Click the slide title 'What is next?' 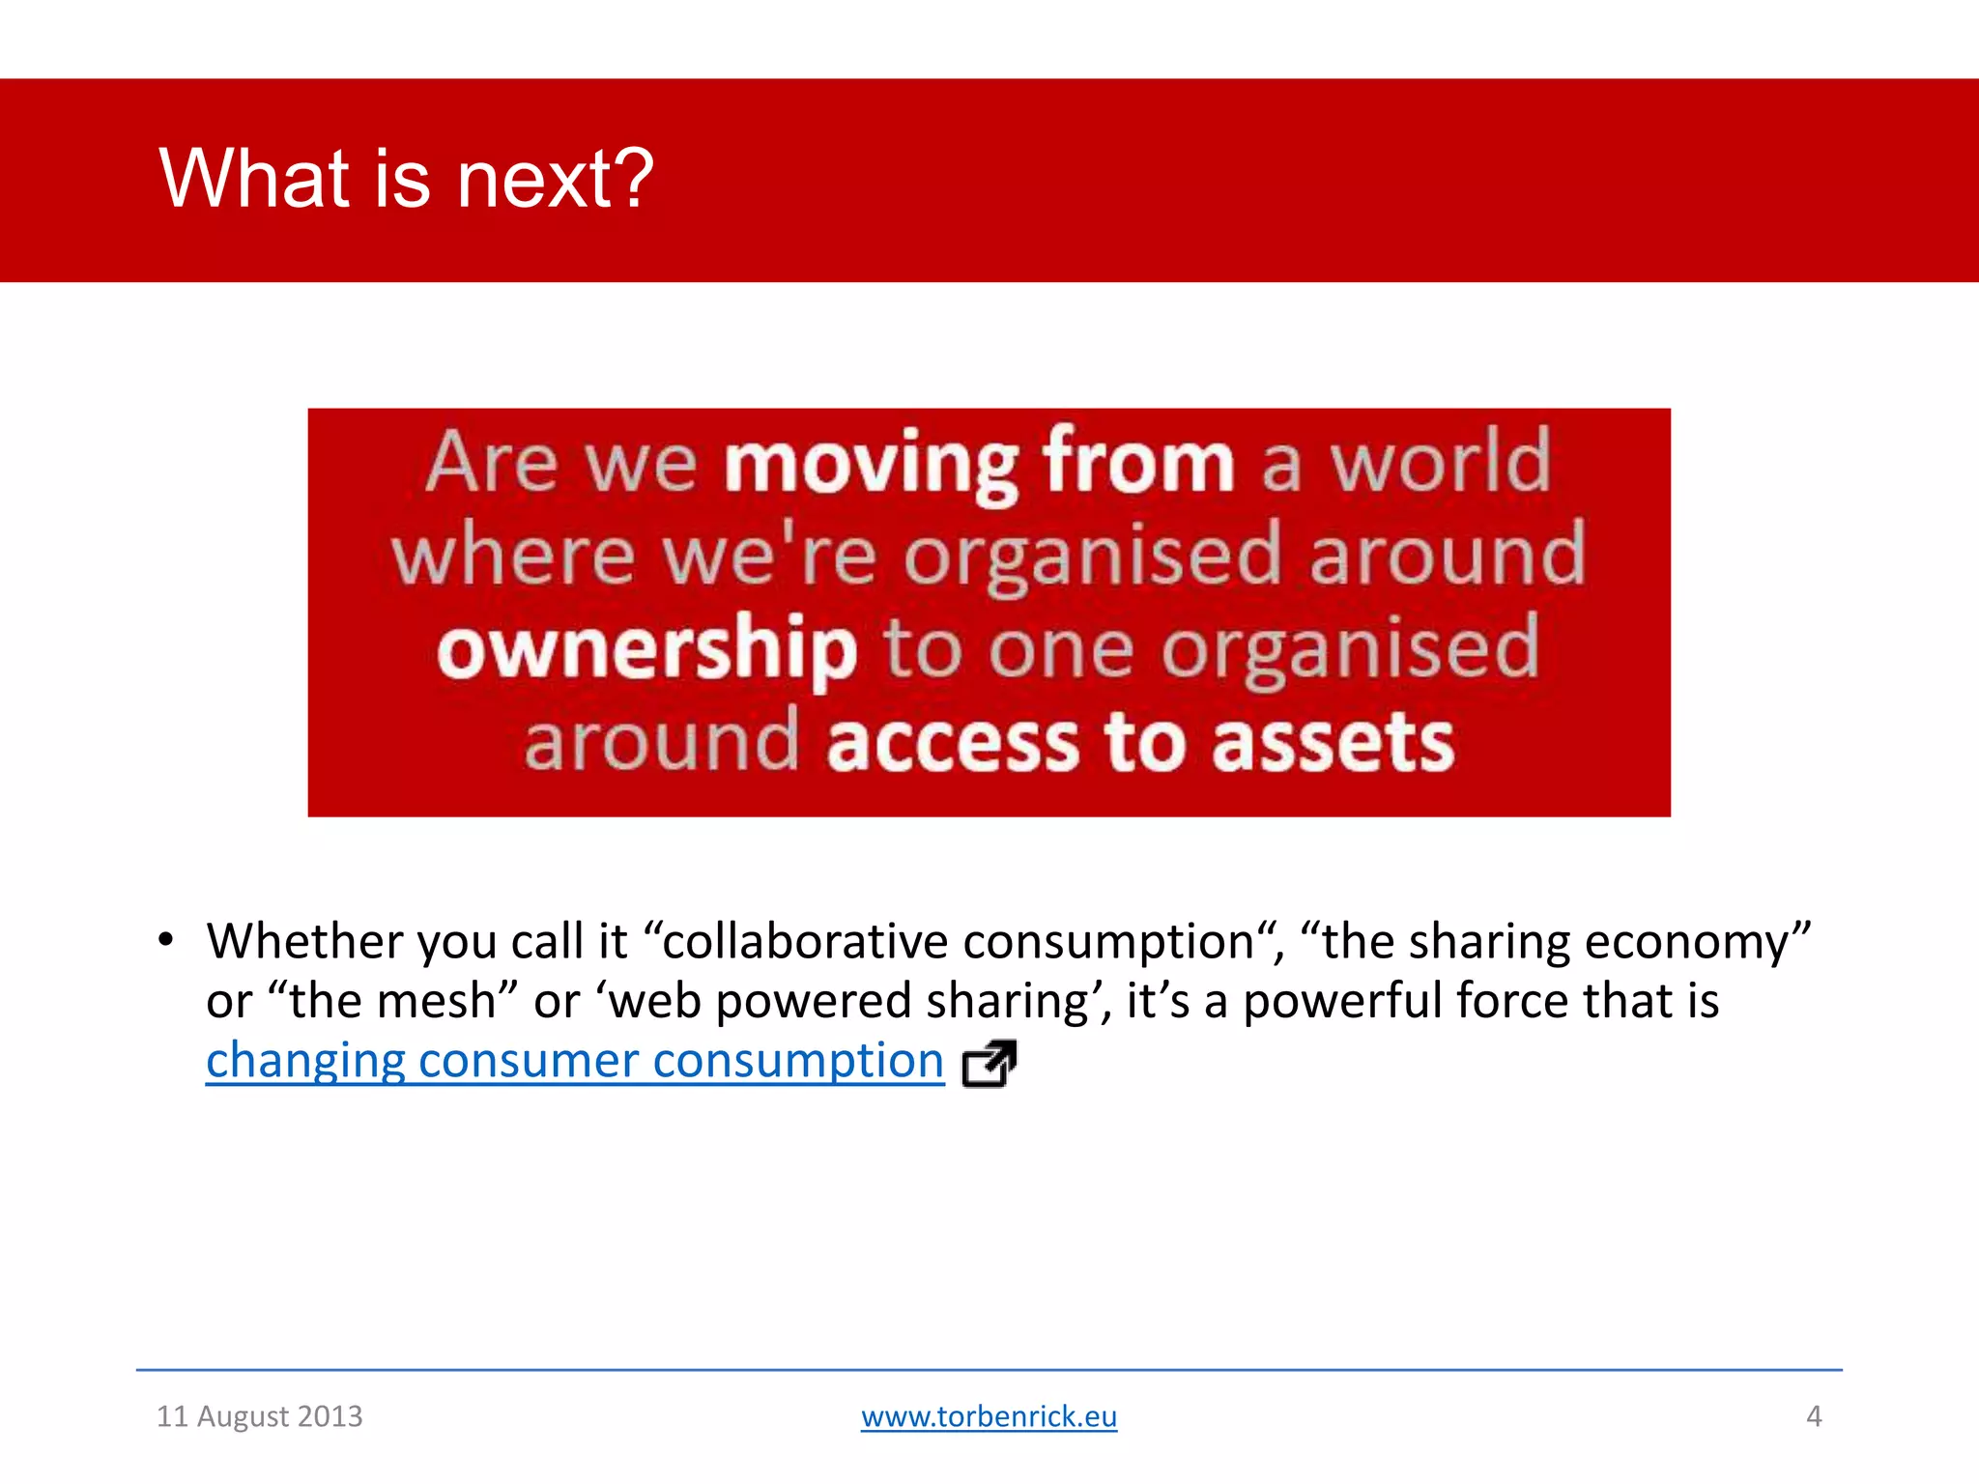406,179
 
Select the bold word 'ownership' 646,650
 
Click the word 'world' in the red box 1441,462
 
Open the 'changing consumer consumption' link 575,1061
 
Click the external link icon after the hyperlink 989,1064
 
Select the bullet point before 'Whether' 166,940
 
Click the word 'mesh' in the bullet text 436,1001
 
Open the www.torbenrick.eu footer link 989,1416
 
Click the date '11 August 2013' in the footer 259,1416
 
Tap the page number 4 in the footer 1814,1416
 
